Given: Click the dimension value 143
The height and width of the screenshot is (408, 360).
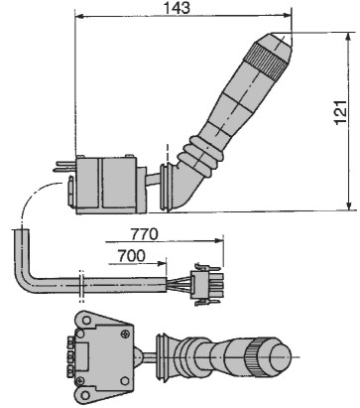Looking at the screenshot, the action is point(178,7).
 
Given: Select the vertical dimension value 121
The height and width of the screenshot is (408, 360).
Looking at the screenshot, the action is point(341,112).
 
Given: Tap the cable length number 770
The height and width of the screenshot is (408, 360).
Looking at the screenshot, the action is point(145,234).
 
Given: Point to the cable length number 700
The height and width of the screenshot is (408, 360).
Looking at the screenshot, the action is point(132,256).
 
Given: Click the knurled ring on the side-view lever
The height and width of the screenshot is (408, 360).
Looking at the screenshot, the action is point(264,59).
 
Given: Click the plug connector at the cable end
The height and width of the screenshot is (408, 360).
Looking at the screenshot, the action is point(207,285).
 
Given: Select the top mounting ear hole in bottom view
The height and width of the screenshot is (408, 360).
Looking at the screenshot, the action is point(86,321).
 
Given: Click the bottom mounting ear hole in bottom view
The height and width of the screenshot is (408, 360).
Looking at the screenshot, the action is point(85,395).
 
